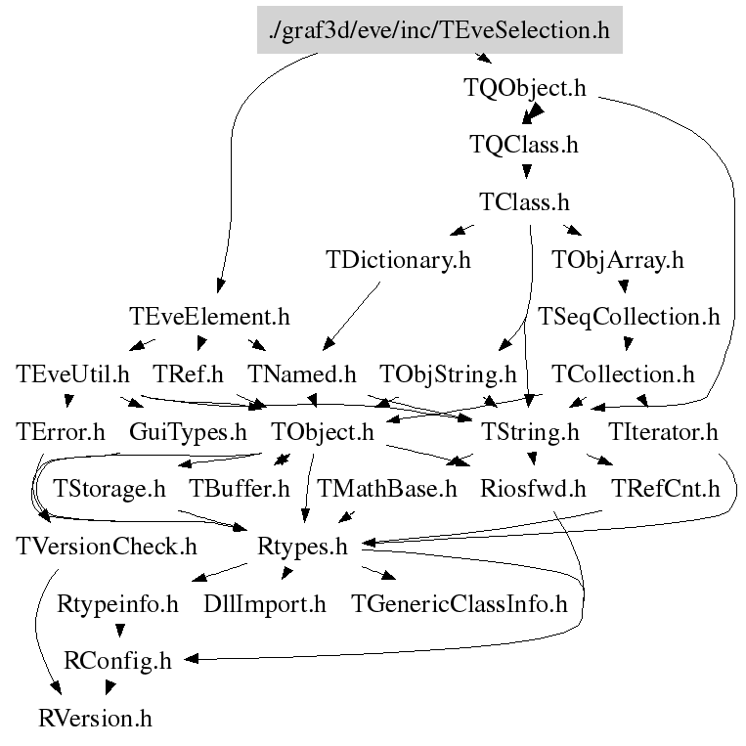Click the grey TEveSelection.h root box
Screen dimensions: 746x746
pos(439,30)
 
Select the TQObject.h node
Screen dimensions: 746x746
pos(524,87)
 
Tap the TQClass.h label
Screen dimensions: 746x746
pos(524,145)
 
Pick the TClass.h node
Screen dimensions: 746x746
pos(524,202)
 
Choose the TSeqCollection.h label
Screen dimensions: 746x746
pos(629,317)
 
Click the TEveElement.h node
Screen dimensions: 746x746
pos(209,317)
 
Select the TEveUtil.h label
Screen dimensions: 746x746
pos(73,373)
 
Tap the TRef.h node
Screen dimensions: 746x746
pos(189,373)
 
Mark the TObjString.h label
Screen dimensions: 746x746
pos(448,373)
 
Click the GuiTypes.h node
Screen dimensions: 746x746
pos(188,431)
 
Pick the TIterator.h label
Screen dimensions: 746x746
pos(663,431)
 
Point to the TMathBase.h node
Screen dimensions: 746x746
pos(386,488)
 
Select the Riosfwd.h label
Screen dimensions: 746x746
pos(533,488)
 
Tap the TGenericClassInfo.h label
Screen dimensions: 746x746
pos(460,603)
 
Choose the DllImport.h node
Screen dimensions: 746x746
pos(265,603)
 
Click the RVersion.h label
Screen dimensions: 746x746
pos(96,719)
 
